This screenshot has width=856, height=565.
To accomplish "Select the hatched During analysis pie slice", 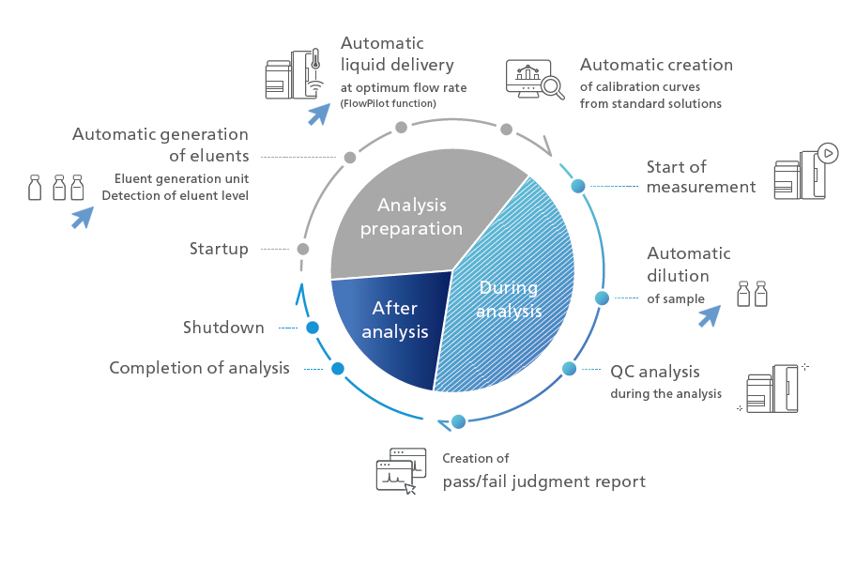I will (512, 300).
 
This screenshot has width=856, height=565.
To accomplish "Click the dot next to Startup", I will (302, 249).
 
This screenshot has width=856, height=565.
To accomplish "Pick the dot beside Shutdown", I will (313, 328).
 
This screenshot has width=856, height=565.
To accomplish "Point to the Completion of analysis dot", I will (338, 369).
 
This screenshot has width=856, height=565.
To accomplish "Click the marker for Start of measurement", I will (578, 186).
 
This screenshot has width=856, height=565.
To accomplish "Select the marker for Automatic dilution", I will (602, 298).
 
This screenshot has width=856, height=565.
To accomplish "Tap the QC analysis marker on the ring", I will (568, 369).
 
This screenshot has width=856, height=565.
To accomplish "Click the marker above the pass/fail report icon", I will (458, 421).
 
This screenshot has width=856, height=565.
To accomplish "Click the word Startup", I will (219, 249).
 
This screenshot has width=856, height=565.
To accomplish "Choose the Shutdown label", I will (223, 328).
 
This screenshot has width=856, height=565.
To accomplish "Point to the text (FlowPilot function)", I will (388, 103).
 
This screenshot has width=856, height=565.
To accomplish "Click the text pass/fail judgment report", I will (544, 482).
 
